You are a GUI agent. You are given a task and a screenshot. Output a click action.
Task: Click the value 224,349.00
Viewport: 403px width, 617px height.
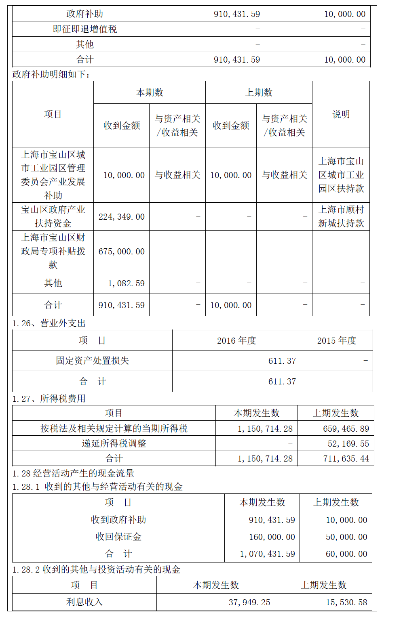121,217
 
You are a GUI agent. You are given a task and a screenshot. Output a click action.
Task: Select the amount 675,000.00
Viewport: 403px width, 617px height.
121,252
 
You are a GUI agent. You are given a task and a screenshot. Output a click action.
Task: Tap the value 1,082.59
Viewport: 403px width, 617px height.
126,283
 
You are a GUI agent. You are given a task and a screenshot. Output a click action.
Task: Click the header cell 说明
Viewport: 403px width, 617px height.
341,114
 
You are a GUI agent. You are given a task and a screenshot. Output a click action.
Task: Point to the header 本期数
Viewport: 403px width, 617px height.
150,92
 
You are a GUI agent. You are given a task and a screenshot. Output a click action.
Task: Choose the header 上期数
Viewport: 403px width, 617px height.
259,92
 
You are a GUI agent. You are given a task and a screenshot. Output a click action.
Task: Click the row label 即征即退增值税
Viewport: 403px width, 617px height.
84,29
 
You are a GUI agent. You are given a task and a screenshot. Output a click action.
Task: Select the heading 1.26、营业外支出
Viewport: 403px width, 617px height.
49,323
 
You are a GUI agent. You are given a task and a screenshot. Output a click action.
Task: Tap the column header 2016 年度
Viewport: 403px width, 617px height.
236,341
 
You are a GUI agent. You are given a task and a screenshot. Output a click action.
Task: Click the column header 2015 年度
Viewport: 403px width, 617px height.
336,341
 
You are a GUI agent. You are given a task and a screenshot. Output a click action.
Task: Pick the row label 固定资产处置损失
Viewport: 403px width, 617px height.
92,361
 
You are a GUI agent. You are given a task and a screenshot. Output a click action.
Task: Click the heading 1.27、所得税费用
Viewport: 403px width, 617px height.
49,399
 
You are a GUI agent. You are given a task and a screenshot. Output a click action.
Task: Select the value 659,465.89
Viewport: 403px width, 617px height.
346,429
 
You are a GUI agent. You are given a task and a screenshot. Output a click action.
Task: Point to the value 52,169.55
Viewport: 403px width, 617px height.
348,444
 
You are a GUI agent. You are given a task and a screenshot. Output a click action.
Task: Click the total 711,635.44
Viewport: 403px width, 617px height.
346,459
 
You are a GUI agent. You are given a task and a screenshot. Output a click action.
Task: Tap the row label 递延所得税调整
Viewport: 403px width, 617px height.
114,444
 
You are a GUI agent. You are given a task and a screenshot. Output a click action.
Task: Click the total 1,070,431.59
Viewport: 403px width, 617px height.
267,554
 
